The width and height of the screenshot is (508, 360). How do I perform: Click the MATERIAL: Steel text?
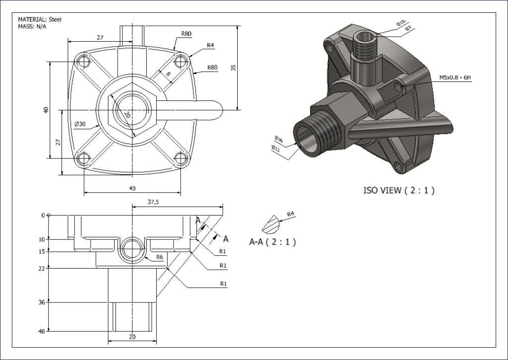pos(40,19)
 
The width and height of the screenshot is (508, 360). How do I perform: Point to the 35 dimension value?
pos(233,68)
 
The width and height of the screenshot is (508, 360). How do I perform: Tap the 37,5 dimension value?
pos(153,202)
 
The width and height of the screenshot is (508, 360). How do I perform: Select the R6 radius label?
pos(160,257)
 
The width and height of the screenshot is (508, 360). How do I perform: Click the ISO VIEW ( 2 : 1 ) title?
pos(399,190)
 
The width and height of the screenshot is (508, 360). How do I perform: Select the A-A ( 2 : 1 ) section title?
pos(272,242)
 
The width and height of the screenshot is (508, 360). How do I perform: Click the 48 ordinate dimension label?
pos(41,331)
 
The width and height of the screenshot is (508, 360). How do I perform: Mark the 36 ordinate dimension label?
pos(41,302)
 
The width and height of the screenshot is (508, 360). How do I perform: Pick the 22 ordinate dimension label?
pos(41,269)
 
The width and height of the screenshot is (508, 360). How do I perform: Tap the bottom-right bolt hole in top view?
pos(181,159)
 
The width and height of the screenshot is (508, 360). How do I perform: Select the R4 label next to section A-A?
pos(291,214)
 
